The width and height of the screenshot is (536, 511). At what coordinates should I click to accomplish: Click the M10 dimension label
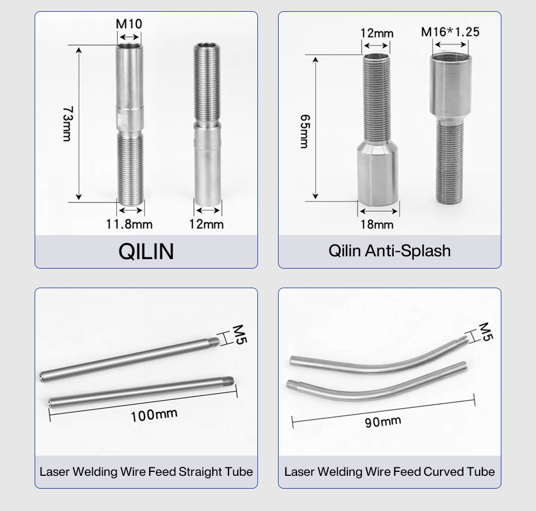click(129, 24)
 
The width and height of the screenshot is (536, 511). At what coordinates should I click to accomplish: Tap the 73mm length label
click(68, 124)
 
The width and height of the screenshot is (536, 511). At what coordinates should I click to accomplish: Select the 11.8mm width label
click(129, 225)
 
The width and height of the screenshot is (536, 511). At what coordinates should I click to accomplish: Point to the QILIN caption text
click(146, 251)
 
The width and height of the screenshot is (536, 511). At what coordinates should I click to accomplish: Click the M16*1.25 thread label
click(450, 32)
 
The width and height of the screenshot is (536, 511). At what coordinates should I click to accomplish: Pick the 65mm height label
click(305, 131)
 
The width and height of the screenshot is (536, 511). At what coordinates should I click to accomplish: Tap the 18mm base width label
click(377, 225)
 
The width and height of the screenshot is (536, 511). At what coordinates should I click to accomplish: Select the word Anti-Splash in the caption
click(408, 251)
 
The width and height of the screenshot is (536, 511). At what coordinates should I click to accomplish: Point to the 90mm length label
click(383, 422)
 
